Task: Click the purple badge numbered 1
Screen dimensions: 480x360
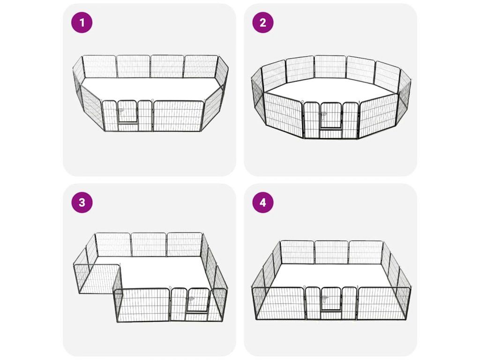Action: point(82,22)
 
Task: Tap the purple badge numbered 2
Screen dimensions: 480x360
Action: point(262,22)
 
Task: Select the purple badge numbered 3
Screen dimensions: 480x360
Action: point(82,202)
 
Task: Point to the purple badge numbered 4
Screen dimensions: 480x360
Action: point(262,202)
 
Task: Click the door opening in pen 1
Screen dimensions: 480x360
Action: point(127,112)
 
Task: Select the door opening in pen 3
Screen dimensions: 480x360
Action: point(197,300)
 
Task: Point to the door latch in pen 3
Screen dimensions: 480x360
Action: point(190,300)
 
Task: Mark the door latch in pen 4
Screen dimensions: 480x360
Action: point(324,299)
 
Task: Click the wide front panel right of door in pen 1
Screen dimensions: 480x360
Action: point(178,116)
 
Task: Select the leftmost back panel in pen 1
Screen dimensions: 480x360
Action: point(100,67)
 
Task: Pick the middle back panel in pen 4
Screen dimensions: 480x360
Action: point(331,252)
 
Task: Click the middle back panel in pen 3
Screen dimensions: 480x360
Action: point(149,244)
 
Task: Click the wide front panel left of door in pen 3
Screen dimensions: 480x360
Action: point(142,305)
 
